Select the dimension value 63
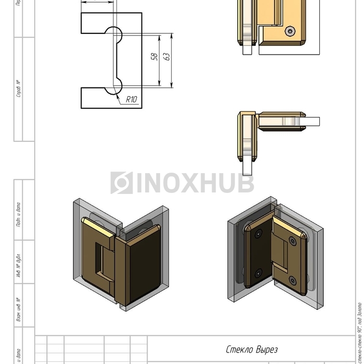(167, 56)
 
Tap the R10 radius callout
(132, 98)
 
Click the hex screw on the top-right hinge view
(290, 32)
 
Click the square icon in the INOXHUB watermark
(121, 183)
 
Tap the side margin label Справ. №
(19, 88)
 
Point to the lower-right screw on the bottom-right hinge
(293, 281)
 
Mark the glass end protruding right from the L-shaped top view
(311, 122)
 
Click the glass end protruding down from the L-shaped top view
(248, 167)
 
